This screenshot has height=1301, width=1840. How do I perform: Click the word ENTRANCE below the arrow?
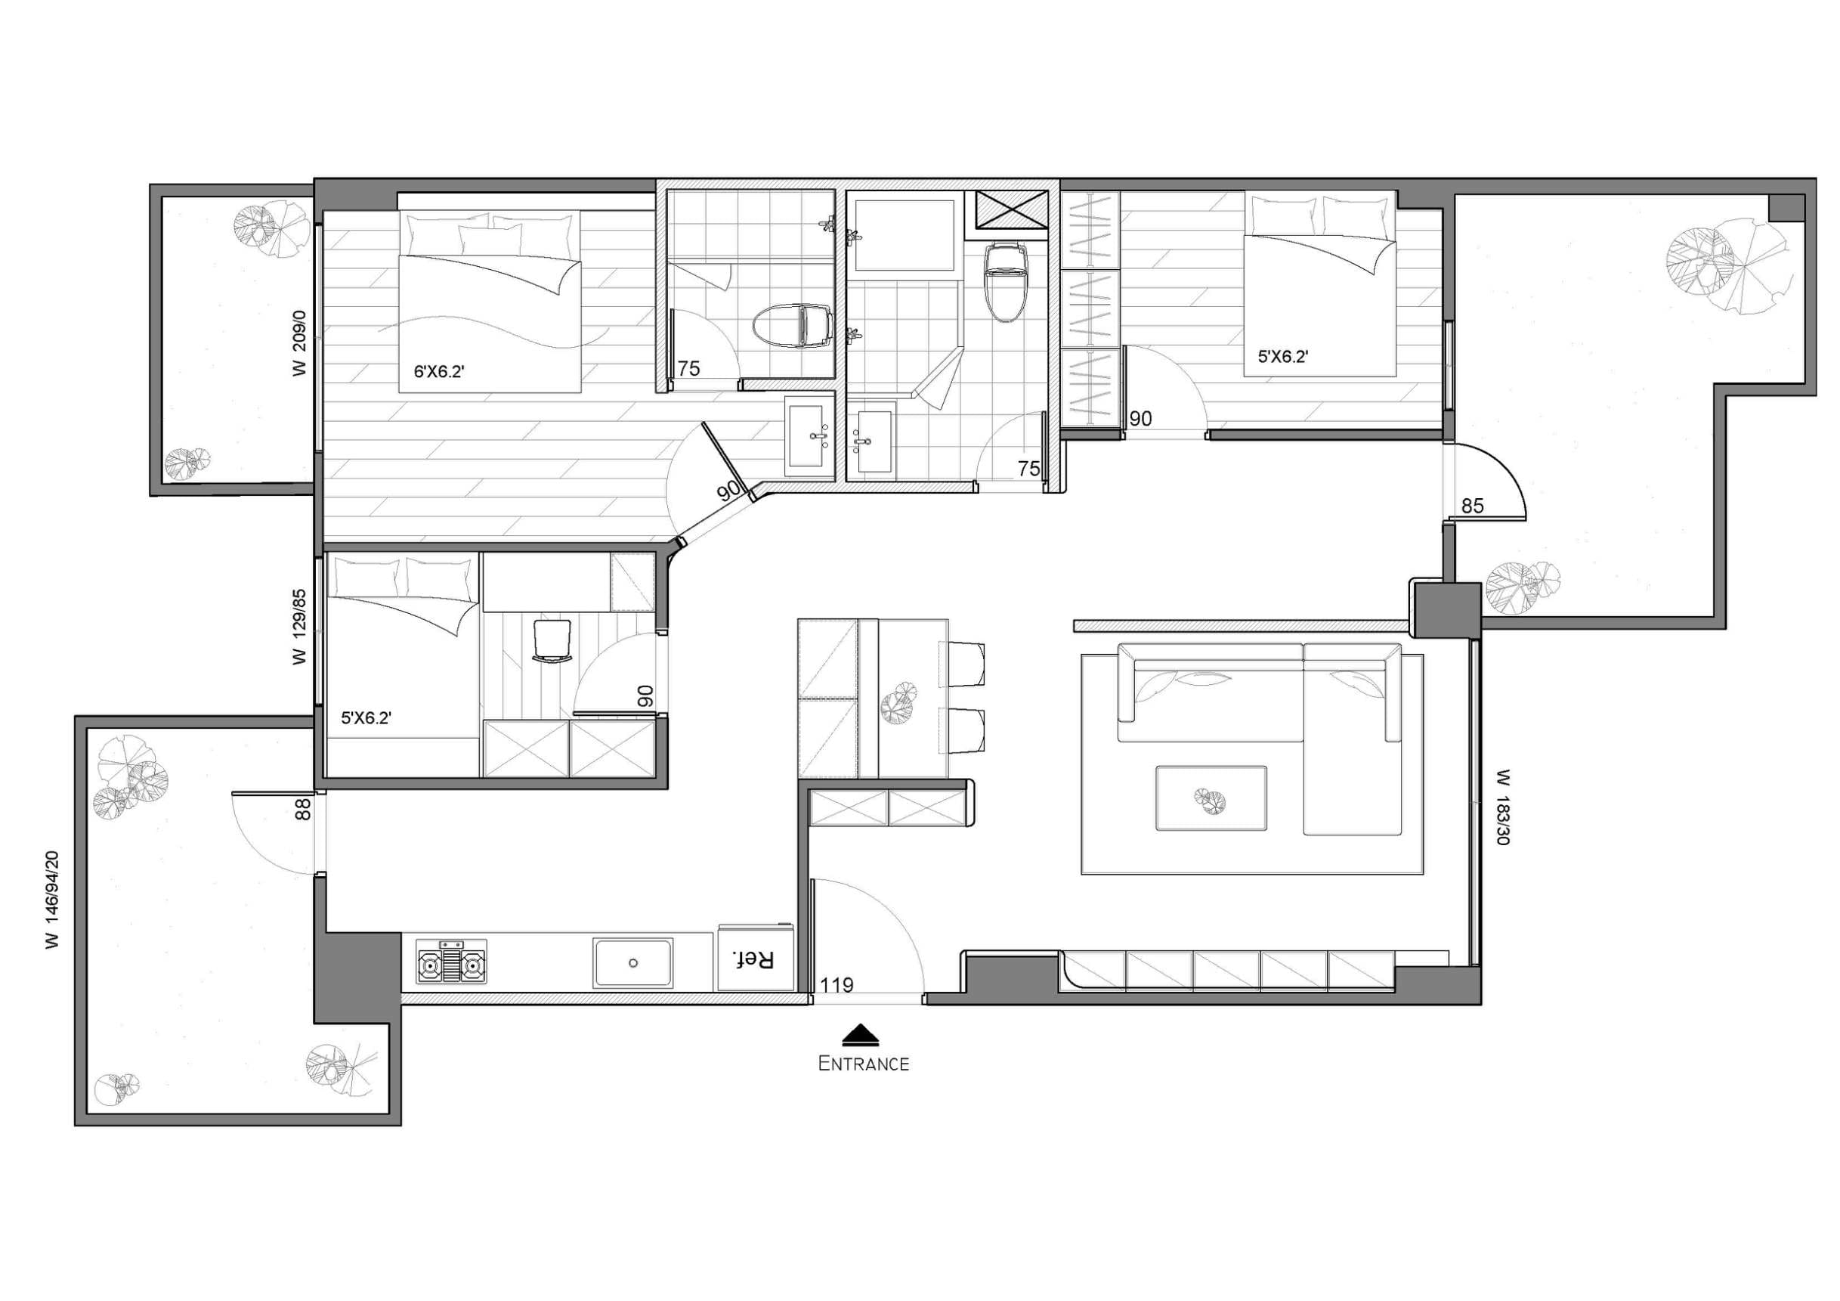click(x=863, y=1064)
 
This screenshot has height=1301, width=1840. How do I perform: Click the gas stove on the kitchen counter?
click(x=451, y=961)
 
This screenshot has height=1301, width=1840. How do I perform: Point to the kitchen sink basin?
click(x=633, y=964)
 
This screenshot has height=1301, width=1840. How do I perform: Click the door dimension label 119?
click(x=837, y=985)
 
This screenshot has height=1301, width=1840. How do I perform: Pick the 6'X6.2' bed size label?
click(x=439, y=372)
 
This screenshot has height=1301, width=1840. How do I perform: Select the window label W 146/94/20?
click(x=53, y=900)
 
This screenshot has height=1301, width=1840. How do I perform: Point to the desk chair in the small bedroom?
click(x=552, y=640)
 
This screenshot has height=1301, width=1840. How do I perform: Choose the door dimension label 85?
click(x=1473, y=506)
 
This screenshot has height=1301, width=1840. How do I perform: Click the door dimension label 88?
click(x=303, y=809)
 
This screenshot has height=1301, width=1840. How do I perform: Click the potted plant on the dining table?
click(x=898, y=705)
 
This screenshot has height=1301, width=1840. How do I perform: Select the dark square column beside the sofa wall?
click(x=1446, y=610)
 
